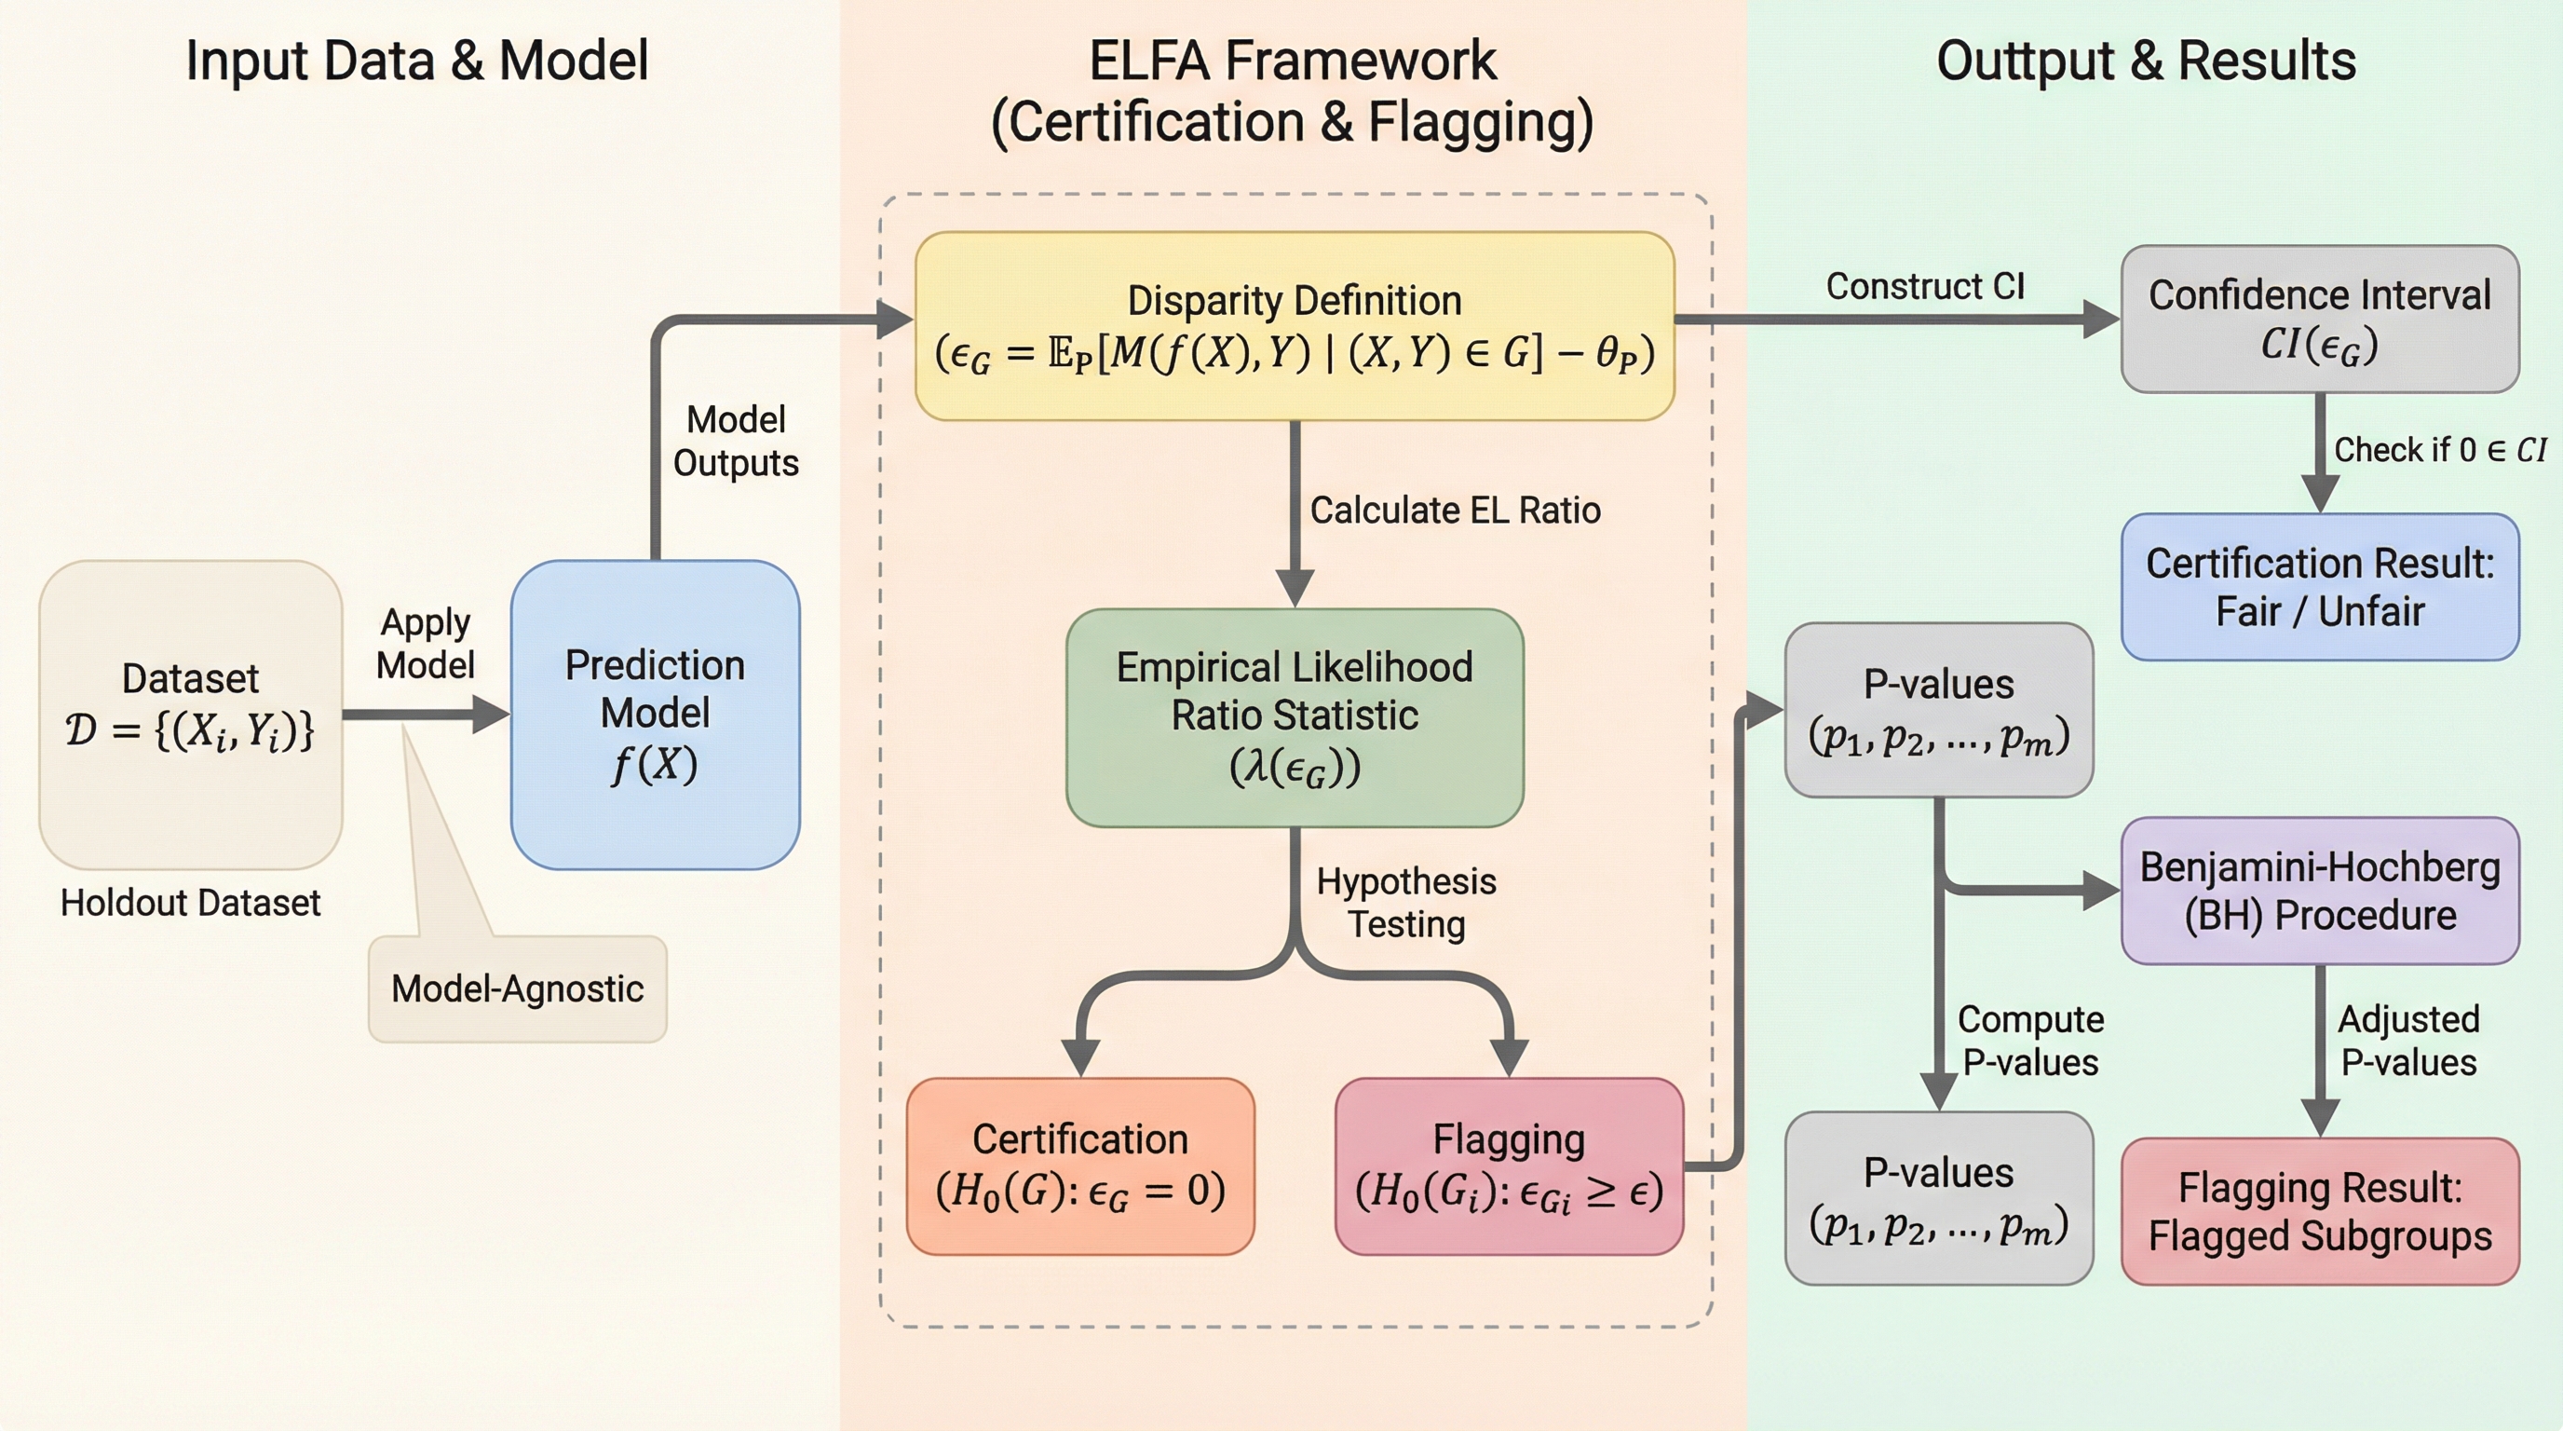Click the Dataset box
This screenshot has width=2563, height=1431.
(x=190, y=714)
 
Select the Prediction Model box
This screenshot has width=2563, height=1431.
(x=655, y=714)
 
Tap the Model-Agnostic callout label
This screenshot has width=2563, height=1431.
(x=518, y=988)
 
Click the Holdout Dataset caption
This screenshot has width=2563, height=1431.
(x=190, y=903)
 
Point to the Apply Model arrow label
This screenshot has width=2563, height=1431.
(x=425, y=643)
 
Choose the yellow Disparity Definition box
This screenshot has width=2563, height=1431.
(x=1295, y=325)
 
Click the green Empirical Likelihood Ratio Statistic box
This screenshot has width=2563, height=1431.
(x=1295, y=716)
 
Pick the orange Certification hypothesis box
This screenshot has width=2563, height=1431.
(x=1079, y=1165)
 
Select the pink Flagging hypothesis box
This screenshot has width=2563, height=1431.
(x=1509, y=1165)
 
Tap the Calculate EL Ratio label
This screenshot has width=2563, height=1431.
(x=1455, y=510)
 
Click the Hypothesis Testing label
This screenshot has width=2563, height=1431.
(x=1406, y=903)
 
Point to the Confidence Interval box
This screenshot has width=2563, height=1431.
(x=2319, y=319)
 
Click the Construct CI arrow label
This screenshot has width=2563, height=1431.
(x=1924, y=286)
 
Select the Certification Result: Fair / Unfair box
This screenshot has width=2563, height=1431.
(x=2319, y=586)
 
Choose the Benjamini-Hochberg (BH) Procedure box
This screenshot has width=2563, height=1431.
(x=2319, y=891)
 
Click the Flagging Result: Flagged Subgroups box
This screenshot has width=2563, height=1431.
(x=2319, y=1211)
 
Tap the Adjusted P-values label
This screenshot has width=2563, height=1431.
(x=2407, y=1040)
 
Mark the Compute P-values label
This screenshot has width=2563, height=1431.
(x=2029, y=1040)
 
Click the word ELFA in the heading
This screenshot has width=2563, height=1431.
(x=1149, y=60)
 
